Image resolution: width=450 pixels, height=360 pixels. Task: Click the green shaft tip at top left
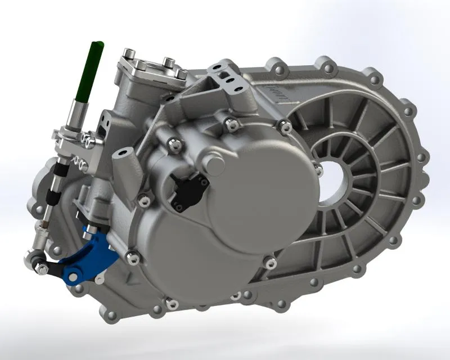tap(94, 47)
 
